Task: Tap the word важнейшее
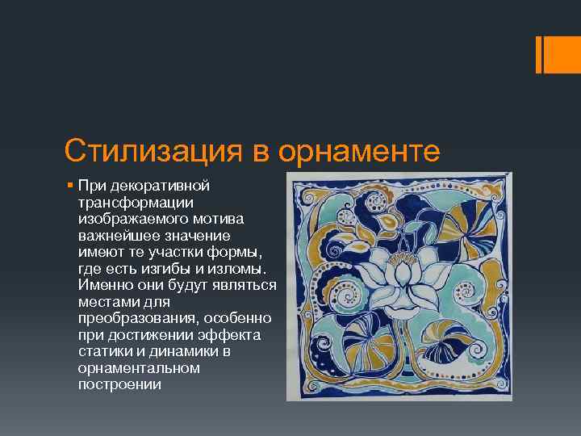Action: tap(112, 235)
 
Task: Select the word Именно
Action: tap(102, 285)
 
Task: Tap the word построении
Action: tap(119, 384)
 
